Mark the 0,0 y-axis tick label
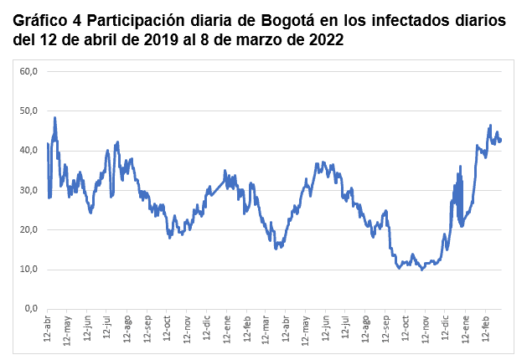[x=31, y=309]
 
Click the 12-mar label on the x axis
[x=266, y=331]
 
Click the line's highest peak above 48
[x=54, y=118]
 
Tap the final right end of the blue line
[x=501, y=141]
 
